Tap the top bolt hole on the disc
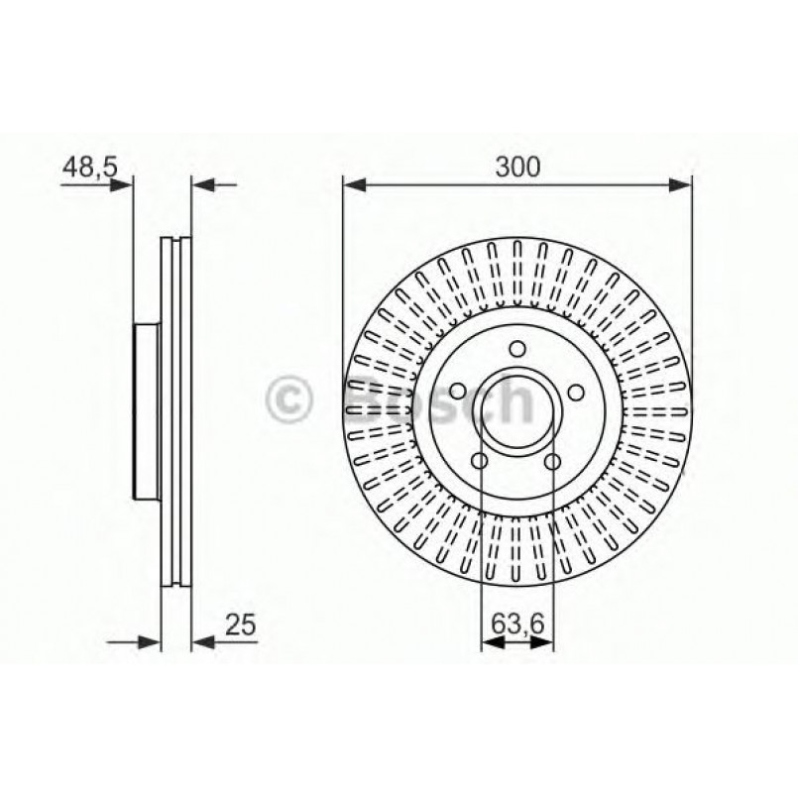pos(516,348)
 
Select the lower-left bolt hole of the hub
pos(481,460)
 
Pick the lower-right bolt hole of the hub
pos(552,460)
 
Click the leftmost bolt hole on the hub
pos(459,391)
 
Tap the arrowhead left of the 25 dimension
pos(151,643)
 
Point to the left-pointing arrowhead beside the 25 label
pos(202,643)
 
